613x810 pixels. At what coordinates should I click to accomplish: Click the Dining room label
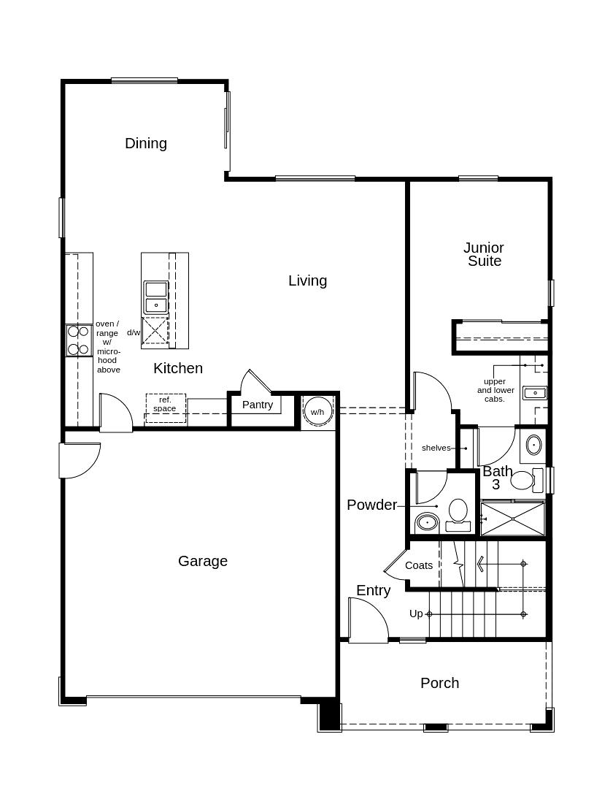(x=146, y=143)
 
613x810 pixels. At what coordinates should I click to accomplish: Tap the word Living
(x=307, y=280)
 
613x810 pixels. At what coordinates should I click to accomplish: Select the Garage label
(x=203, y=561)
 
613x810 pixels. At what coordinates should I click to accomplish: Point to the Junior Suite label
(x=484, y=254)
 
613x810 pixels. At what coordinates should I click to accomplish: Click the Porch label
(x=439, y=683)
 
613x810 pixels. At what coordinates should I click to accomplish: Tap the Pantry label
(x=258, y=405)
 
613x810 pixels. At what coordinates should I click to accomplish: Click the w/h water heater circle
(x=318, y=412)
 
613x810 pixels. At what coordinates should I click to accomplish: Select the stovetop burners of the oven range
(x=79, y=340)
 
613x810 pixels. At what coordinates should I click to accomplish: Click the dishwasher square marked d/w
(x=155, y=331)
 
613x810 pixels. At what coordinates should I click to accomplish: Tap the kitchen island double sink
(x=156, y=297)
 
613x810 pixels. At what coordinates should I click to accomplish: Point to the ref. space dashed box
(x=165, y=408)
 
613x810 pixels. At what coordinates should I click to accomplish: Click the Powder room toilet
(x=458, y=515)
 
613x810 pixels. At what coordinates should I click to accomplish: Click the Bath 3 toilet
(x=526, y=480)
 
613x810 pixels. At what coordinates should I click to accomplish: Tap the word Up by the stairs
(x=416, y=614)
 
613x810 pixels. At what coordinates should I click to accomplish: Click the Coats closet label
(x=419, y=565)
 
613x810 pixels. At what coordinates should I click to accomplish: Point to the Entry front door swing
(x=380, y=610)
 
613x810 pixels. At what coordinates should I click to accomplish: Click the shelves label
(x=436, y=448)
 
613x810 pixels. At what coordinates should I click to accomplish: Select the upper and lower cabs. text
(x=496, y=390)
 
